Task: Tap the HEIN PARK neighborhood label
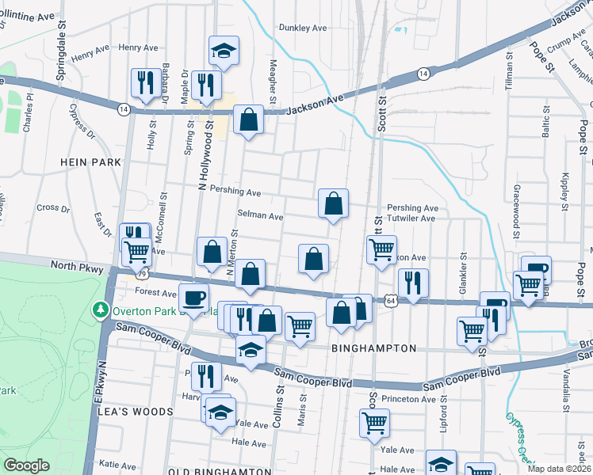pyautogui.click(x=90, y=161)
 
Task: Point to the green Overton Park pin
pyautogui.click(x=101, y=308)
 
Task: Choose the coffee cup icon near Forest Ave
pyautogui.click(x=193, y=298)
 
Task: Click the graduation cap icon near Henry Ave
pyautogui.click(x=224, y=51)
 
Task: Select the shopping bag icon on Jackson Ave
pyautogui.click(x=249, y=120)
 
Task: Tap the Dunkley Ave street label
pyautogui.click(x=303, y=28)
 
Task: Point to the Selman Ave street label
pyautogui.click(x=260, y=215)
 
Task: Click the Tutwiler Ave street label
pyautogui.click(x=411, y=218)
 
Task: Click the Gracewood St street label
pyautogui.click(x=515, y=209)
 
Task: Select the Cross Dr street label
pyautogui.click(x=54, y=207)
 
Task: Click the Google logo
pyautogui.click(x=26, y=465)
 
